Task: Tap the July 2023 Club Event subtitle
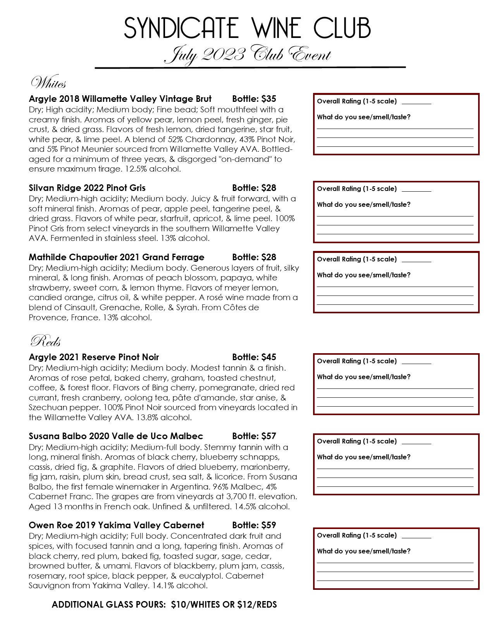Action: click(x=247, y=55)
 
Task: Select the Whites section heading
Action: click(x=48, y=83)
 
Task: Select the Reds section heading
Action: click(x=45, y=341)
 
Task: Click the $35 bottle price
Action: click(x=269, y=99)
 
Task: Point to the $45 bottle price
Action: click(x=269, y=357)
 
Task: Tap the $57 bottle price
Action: click(x=269, y=436)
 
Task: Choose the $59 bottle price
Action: click(x=269, y=526)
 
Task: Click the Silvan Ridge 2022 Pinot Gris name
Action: click(x=87, y=188)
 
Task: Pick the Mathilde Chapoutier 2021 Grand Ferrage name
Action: click(x=116, y=258)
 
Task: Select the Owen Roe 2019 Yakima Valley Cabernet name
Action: click(x=116, y=526)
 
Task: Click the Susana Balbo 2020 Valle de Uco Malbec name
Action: click(x=116, y=436)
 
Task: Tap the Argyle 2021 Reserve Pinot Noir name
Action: click(x=94, y=357)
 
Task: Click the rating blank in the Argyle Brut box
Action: click(x=416, y=102)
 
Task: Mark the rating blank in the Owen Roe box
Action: click(x=416, y=536)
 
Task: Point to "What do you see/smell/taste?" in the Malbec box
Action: click(x=363, y=457)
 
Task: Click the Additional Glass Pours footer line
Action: click(x=164, y=605)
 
